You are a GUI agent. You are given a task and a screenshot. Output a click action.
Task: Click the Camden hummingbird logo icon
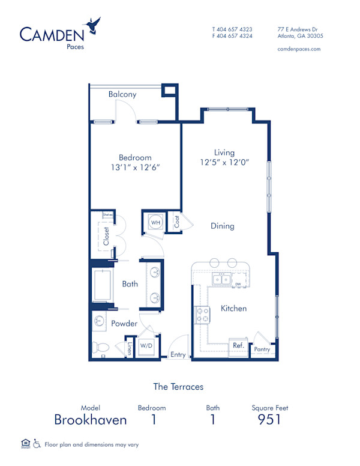[x=93, y=25]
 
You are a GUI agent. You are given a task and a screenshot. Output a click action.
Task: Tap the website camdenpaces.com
[x=299, y=49]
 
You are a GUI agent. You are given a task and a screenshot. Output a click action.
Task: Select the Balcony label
[x=122, y=94]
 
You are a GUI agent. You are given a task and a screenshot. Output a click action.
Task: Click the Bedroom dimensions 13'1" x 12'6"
[x=135, y=169]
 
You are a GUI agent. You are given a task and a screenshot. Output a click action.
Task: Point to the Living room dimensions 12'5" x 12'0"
[x=224, y=162]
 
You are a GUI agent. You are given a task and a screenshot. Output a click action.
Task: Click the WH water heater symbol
[x=155, y=223]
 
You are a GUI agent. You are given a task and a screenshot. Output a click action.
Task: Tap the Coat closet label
[x=178, y=222]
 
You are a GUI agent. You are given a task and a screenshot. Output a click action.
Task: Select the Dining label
[x=222, y=226]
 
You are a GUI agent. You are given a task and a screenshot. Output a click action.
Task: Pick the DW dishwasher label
[x=238, y=284]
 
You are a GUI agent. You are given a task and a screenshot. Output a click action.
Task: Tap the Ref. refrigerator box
[x=238, y=346]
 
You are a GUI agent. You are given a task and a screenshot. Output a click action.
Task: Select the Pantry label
[x=262, y=349]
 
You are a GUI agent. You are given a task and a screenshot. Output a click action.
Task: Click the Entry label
[x=178, y=354]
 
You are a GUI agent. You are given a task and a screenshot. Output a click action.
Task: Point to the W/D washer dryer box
[x=146, y=346]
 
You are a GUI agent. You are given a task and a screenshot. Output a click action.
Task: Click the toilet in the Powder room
[x=100, y=347]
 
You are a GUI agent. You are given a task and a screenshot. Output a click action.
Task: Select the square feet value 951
[x=269, y=420]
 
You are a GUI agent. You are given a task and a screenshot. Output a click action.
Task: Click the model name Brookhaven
[x=91, y=420]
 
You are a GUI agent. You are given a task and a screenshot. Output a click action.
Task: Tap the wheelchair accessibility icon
[x=37, y=444]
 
